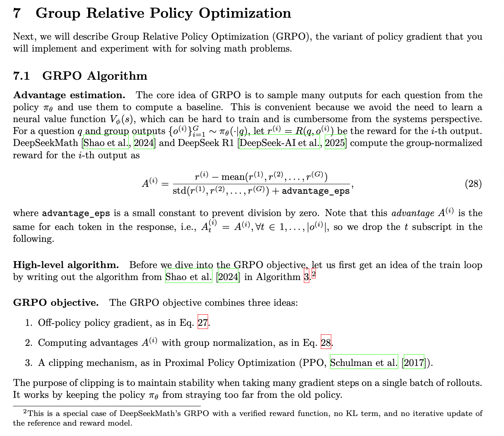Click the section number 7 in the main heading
point(17,13)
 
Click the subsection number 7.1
point(22,76)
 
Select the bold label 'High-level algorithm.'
point(66,265)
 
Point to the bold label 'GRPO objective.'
point(56,303)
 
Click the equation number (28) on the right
point(473,184)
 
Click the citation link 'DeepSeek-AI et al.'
point(280,143)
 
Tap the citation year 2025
point(335,143)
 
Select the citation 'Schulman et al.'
point(364,363)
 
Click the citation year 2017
point(414,363)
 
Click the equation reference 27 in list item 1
point(203,323)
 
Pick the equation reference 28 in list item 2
point(326,343)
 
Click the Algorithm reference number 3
point(306,277)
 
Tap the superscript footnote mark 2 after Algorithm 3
point(314,274)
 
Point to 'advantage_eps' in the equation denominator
point(315,191)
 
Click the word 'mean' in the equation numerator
point(233,177)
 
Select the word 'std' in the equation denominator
point(179,191)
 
